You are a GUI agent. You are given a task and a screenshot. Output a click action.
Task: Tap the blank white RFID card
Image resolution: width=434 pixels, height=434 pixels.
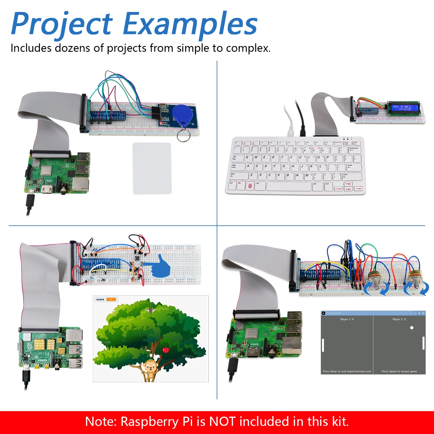pos(152,168)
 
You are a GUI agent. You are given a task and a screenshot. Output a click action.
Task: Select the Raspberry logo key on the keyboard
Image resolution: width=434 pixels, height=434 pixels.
pos(250,186)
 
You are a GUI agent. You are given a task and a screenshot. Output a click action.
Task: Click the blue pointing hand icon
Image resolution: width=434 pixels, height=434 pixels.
pos(159,266)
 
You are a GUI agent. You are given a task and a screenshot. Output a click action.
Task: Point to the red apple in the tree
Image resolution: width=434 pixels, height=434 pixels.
pos(166,350)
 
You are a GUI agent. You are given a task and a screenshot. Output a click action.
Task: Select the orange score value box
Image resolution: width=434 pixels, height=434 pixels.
pos(111,299)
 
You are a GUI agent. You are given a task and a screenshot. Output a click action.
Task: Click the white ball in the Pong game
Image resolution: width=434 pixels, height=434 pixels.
pos(412,328)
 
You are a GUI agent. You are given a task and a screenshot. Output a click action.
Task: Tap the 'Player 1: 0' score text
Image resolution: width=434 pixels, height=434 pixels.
pos(347,319)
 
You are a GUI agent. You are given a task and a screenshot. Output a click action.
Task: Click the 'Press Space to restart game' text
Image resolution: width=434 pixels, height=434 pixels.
pos(399,372)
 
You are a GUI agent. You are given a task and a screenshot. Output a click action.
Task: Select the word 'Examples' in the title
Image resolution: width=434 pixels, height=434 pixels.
pos(190,24)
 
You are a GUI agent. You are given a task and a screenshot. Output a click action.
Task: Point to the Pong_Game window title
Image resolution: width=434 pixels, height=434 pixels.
pos(333,313)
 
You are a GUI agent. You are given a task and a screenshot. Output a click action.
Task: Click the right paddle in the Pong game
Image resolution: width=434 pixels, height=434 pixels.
pos(423,343)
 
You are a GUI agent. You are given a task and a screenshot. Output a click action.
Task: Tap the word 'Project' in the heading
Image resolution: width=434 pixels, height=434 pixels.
pos(62,24)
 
